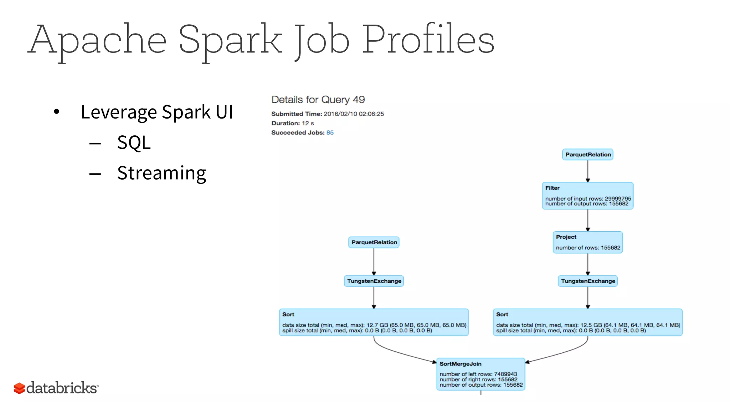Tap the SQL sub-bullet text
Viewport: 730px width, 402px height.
134,142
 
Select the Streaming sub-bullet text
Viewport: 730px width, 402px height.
161,173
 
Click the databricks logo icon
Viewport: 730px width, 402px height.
19,388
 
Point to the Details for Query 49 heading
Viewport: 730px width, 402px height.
318,100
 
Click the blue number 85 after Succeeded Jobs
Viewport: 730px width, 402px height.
330,132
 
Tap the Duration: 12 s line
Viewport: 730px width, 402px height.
292,123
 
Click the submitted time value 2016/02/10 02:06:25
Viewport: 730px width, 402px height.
354,114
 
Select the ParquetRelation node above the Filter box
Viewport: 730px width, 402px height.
588,155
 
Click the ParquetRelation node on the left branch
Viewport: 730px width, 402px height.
374,242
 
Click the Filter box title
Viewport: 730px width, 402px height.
552,188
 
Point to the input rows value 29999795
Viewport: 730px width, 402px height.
618,199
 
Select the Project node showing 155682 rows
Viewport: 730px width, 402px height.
587,242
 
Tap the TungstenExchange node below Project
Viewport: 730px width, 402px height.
588,281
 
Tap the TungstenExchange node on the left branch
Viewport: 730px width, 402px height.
374,281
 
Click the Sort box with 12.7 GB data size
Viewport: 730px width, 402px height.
374,322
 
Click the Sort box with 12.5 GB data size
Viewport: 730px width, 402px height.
587,322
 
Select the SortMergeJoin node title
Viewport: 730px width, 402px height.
460,364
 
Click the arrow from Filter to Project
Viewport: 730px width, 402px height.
588,220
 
